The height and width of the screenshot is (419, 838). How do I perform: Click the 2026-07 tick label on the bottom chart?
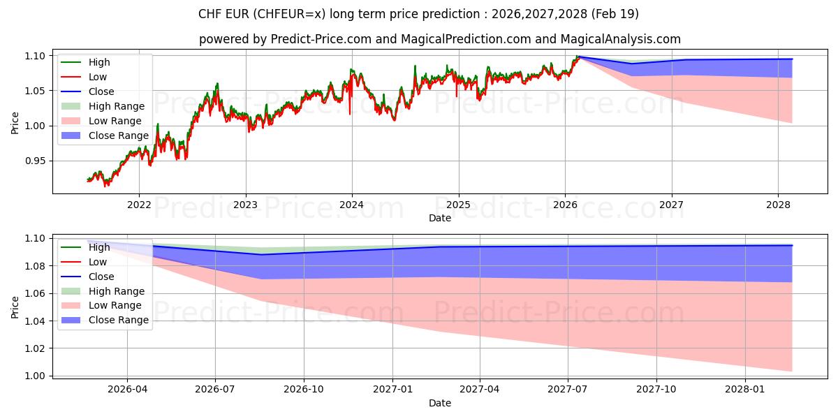pos(215,389)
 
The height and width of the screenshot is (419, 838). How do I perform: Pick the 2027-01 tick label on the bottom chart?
pos(392,389)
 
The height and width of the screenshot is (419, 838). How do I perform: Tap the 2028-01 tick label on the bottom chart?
pos(745,389)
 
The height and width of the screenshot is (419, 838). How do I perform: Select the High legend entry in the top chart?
pos(99,62)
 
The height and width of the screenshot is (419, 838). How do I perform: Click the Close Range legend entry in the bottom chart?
pos(118,320)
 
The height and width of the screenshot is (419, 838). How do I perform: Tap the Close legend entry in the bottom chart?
pos(101,277)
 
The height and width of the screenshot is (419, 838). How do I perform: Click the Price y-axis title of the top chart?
pos(15,124)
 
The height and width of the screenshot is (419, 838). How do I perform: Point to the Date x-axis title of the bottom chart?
pos(440,403)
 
